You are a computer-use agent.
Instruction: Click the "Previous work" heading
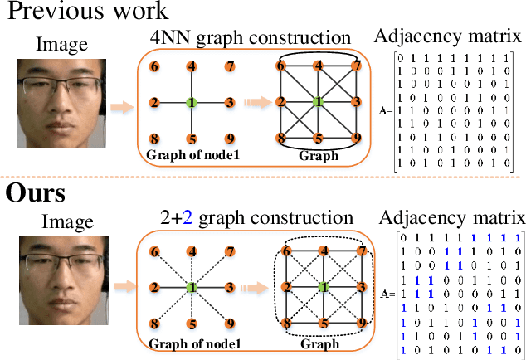[85, 12]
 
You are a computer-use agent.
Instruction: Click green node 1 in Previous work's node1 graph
[192, 103]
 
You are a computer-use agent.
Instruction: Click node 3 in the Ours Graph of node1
[229, 287]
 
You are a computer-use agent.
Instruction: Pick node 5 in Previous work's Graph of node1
[192, 139]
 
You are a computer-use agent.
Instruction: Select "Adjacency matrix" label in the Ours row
[452, 218]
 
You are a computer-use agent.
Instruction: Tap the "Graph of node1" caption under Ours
[192, 343]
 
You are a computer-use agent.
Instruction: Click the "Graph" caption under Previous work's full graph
[319, 155]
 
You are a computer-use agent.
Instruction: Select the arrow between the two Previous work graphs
[255, 104]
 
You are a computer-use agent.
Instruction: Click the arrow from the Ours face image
[122, 288]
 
